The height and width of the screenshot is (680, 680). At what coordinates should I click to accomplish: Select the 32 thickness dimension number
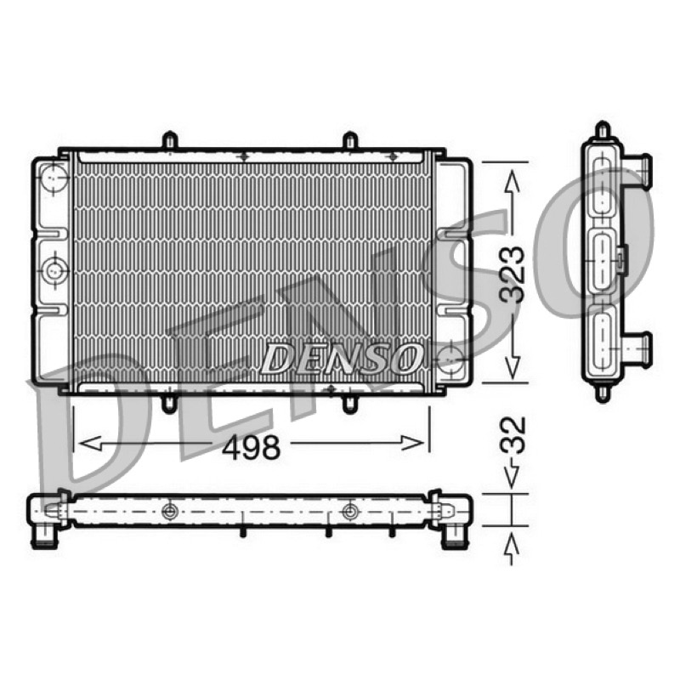pos(513,435)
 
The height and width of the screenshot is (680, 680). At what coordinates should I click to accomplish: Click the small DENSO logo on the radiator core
pos(342,359)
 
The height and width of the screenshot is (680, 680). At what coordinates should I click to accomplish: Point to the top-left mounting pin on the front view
pos(169,140)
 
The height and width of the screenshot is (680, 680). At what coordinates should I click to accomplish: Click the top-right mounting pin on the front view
pos(350,140)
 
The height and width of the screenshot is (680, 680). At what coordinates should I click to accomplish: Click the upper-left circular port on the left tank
pos(54,178)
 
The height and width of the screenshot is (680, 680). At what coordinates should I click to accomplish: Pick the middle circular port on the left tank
pos(54,270)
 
